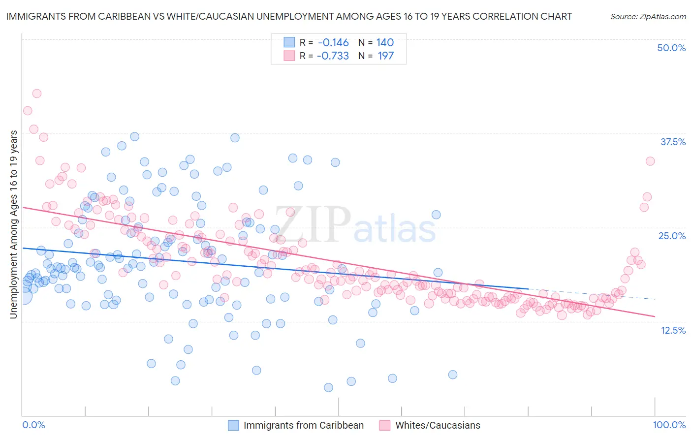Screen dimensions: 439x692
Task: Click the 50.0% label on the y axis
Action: tap(671, 48)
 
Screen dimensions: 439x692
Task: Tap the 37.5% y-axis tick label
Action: tap(673, 142)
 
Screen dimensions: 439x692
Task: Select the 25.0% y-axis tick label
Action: tap(672, 236)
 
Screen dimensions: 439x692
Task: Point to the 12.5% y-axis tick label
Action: tap(673, 330)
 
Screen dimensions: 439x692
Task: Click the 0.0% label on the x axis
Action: tap(33, 425)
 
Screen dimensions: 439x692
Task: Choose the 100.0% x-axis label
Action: tap(669, 425)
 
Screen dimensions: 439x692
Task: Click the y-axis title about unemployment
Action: tap(13, 224)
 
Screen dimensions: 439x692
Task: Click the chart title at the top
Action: tap(289, 16)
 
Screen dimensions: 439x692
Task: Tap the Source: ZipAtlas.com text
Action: tap(648, 16)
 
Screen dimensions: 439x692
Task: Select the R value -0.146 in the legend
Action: tap(333, 42)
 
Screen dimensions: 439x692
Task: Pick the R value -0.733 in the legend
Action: tap(333, 56)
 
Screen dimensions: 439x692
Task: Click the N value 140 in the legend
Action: tap(385, 42)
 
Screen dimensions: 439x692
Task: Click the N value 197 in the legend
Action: tap(385, 56)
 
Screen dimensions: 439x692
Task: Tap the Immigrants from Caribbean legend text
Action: tap(304, 426)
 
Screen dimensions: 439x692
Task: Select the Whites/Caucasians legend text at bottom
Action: tap(438, 426)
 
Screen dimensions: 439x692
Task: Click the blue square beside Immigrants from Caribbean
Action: tap(233, 426)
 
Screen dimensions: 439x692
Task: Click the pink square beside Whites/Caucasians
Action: tap(384, 426)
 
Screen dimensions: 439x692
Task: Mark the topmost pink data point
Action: tap(36, 94)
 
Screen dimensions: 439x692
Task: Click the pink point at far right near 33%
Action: tap(650, 161)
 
